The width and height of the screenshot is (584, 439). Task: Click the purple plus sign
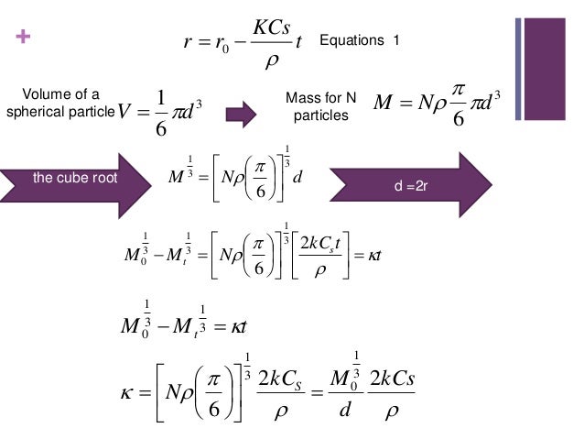[23, 37]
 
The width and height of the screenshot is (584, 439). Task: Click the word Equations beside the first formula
[351, 40]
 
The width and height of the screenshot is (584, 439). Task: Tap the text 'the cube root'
[75, 178]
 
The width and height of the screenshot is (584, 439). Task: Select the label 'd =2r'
[411, 185]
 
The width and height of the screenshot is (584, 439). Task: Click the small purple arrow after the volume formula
[241, 115]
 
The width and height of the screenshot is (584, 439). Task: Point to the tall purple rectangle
[545, 69]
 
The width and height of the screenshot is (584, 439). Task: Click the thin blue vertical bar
[518, 69]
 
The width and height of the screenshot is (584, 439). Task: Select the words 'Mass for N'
[320, 98]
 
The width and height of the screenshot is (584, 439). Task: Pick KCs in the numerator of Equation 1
[272, 27]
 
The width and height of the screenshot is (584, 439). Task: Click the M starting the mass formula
[384, 102]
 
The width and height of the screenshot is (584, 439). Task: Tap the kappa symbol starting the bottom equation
[126, 393]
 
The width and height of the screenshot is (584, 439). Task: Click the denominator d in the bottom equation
[345, 409]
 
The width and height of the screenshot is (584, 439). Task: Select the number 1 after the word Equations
[395, 40]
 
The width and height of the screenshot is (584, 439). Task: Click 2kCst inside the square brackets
[320, 244]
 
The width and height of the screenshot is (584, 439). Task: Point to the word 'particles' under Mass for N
[320, 115]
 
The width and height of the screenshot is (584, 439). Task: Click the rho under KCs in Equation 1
[272, 60]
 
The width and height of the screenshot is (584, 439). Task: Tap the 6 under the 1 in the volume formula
[161, 128]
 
